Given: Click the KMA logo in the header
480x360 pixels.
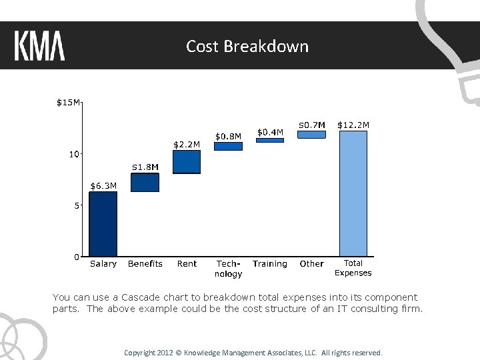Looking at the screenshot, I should pyautogui.click(x=39, y=46).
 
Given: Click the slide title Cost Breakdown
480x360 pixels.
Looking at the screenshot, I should pyautogui.click(x=247, y=46).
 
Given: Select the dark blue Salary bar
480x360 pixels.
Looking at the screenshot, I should pyautogui.click(x=103, y=224).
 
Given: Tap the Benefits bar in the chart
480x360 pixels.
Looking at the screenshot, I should pyautogui.click(x=145, y=183).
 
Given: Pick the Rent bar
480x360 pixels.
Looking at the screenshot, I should pyautogui.click(x=187, y=162).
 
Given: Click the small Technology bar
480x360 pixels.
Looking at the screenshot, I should pyautogui.click(x=228, y=146).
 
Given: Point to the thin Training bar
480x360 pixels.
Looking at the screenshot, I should pyautogui.click(x=270, y=140).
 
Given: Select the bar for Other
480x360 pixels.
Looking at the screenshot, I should pyautogui.click(x=311, y=134).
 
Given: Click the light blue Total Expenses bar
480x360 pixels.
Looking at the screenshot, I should pyautogui.click(x=353, y=193).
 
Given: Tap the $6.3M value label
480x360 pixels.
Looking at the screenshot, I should pyautogui.click(x=103, y=185).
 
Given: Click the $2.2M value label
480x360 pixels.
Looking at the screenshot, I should pyautogui.click(x=187, y=144).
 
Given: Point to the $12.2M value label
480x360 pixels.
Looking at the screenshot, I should pyautogui.click(x=353, y=125).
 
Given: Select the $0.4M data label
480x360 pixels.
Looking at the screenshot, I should pyautogui.click(x=270, y=132).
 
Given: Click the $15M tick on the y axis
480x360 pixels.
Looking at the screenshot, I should pyautogui.click(x=68, y=103).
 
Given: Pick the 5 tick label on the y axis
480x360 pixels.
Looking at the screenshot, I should pyautogui.click(x=77, y=205).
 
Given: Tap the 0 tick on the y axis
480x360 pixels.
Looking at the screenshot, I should pyautogui.click(x=77, y=257).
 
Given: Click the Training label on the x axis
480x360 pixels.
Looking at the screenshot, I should pyautogui.click(x=270, y=264).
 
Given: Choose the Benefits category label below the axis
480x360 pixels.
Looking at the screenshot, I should pyautogui.click(x=145, y=264).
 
